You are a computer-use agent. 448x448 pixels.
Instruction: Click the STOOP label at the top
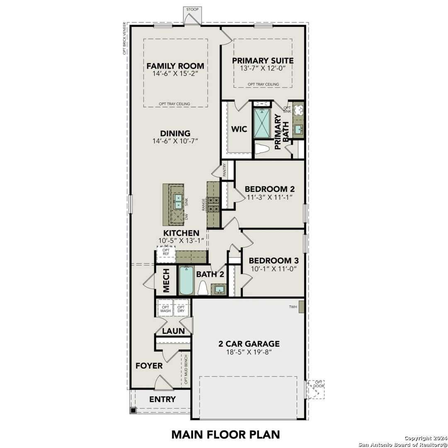point(192,9)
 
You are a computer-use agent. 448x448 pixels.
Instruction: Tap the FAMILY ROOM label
point(175,66)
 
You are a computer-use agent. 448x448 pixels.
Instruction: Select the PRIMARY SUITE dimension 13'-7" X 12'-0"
point(263,68)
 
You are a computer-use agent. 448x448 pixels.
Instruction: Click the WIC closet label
point(239,129)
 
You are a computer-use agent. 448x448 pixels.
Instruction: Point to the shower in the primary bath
point(262,123)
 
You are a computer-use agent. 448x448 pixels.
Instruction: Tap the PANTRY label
point(224,170)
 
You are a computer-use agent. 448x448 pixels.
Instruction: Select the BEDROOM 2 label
point(270,189)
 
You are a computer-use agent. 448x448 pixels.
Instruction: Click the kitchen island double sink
point(178,201)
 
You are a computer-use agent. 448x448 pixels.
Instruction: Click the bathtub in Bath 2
point(186,280)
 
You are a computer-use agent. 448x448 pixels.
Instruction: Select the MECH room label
point(166,281)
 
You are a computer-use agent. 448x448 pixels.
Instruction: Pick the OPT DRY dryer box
point(181,308)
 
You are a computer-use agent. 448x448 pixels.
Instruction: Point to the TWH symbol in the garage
point(302,307)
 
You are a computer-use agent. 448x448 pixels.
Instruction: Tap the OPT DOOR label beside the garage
point(319,384)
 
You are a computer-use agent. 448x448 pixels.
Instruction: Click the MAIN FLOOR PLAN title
point(225,434)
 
